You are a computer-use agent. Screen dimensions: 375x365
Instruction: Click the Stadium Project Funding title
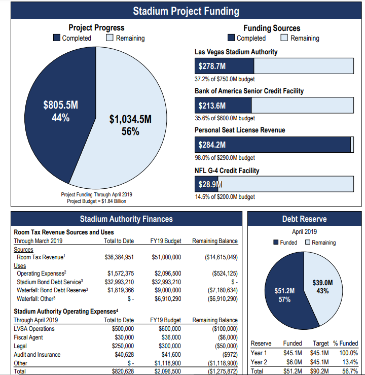[x=186, y=11]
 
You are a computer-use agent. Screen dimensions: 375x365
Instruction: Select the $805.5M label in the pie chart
[x=61, y=106]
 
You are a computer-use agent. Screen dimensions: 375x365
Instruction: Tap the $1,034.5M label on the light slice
[x=130, y=119]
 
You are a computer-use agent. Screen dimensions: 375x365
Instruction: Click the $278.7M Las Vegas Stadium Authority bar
[x=224, y=66]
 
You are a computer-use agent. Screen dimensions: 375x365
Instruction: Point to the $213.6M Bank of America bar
[x=223, y=106]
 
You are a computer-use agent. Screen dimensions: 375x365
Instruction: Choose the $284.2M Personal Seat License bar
[x=273, y=145]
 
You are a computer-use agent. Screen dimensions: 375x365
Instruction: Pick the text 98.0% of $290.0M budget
[x=225, y=158]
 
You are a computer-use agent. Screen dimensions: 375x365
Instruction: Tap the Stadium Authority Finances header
[x=126, y=219]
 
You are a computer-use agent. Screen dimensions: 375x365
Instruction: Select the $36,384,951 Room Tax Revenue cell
[x=119, y=257]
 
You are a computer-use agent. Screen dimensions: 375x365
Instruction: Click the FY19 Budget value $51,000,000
[x=166, y=257]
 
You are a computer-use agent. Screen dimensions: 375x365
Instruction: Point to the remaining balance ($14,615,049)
[x=221, y=257]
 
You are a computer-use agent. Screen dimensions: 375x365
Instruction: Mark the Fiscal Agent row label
[x=28, y=337]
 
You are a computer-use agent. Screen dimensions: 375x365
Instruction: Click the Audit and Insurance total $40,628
[x=123, y=355]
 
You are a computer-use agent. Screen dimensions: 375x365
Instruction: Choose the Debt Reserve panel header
[x=304, y=219]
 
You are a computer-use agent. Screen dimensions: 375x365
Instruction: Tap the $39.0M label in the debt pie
[x=322, y=287]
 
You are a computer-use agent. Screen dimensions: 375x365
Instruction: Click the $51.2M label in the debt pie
[x=284, y=295]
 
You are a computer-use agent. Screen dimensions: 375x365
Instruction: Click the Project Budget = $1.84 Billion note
[x=96, y=201]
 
